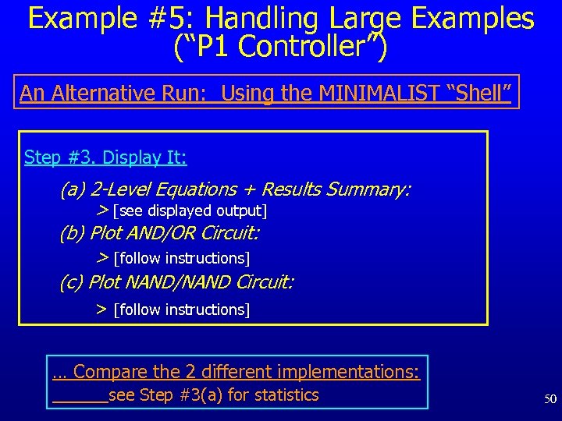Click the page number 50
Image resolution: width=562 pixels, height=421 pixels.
(x=550, y=399)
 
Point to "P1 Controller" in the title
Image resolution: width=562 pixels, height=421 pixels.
(x=281, y=47)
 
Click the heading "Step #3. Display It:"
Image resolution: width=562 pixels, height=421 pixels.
(x=105, y=157)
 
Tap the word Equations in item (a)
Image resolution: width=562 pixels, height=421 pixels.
(x=196, y=189)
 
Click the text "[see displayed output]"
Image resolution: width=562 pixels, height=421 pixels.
(x=190, y=211)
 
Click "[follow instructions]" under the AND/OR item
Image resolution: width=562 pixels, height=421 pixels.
(x=181, y=258)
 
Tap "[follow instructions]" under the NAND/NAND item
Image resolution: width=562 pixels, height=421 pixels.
(x=181, y=310)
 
